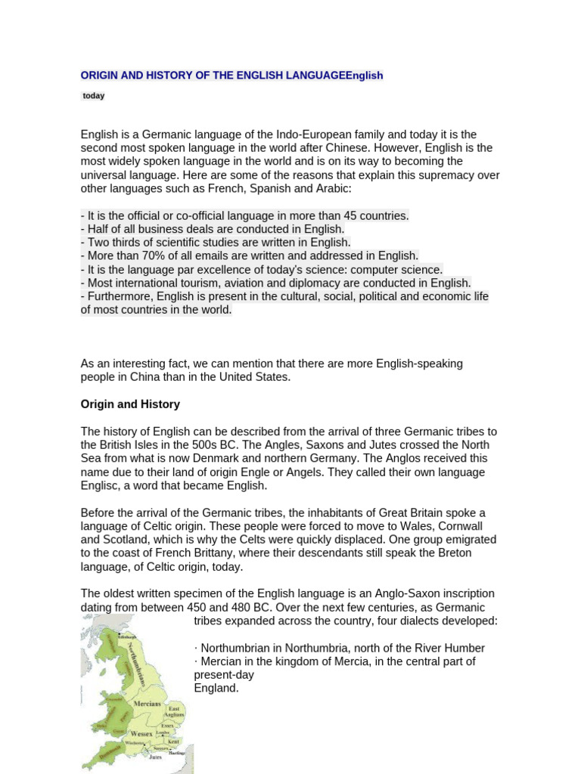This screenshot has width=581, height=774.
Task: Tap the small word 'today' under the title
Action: tap(94, 96)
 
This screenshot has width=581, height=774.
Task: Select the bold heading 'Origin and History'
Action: tap(130, 404)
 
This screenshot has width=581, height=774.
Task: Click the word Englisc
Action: tap(102, 485)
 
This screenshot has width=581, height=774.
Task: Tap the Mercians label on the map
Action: tap(147, 704)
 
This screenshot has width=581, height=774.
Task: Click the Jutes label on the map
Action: tap(154, 757)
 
